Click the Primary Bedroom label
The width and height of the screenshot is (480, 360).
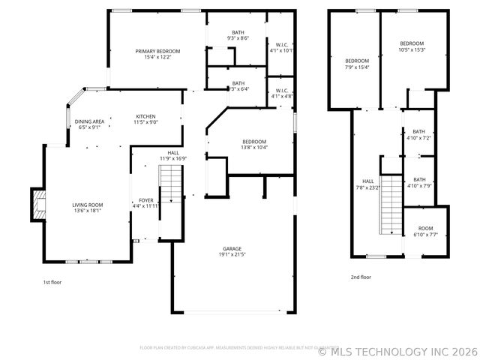coord(157,54)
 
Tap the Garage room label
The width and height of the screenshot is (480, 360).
coord(232,252)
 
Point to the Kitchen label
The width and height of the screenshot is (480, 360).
coord(145,119)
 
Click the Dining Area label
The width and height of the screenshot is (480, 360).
coord(89,124)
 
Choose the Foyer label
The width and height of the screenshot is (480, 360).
coord(145,202)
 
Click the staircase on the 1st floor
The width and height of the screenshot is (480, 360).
coord(171,184)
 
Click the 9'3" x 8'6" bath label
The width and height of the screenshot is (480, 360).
coord(238,35)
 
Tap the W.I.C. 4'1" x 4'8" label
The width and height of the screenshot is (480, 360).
coord(282,94)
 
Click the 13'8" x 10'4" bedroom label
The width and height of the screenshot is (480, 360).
coord(254,145)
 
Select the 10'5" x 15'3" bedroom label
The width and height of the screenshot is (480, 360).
coord(412,46)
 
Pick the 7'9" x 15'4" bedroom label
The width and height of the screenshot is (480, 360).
coord(357,64)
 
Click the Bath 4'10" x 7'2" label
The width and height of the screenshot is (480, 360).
coord(418,135)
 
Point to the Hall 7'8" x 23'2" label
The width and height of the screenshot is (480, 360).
coord(368,184)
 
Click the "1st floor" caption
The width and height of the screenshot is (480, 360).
coord(52,282)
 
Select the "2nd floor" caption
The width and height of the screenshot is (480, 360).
coord(361,277)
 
